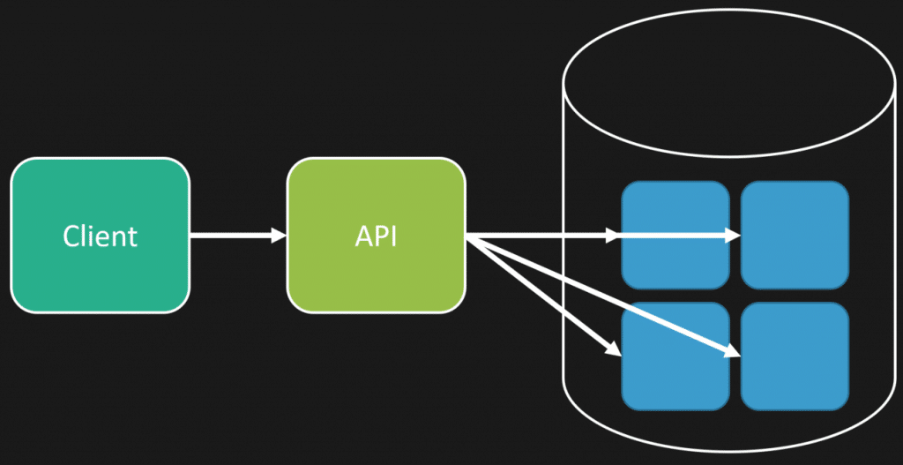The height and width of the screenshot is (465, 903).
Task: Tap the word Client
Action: [100, 236]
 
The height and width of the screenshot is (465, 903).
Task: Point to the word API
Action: [377, 236]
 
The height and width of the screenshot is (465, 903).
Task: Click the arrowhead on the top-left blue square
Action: [614, 236]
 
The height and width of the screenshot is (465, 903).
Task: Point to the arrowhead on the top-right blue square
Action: [733, 236]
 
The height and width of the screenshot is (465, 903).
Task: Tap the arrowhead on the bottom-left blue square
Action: [614, 350]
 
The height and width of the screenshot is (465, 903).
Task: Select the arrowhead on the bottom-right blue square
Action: [733, 353]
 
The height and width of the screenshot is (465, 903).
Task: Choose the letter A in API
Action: [362, 236]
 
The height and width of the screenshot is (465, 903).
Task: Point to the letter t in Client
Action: [134, 236]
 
